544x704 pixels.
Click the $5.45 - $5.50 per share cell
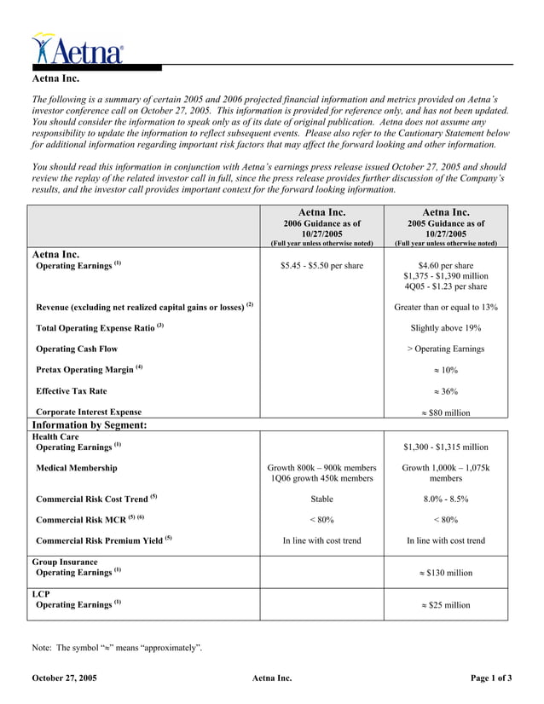(x=321, y=266)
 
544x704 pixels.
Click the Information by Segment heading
(x=90, y=424)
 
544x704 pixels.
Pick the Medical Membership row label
(x=77, y=468)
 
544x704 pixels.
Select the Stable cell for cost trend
(x=321, y=499)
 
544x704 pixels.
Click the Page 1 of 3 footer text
(x=491, y=678)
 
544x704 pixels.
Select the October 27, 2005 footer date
(x=64, y=678)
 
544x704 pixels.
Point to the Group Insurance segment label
(x=65, y=563)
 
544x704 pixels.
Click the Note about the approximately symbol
(x=117, y=649)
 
